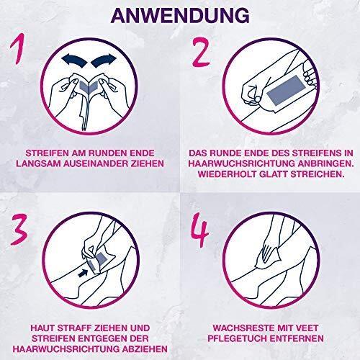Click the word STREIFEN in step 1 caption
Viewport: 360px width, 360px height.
pyautogui.click(x=51, y=153)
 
